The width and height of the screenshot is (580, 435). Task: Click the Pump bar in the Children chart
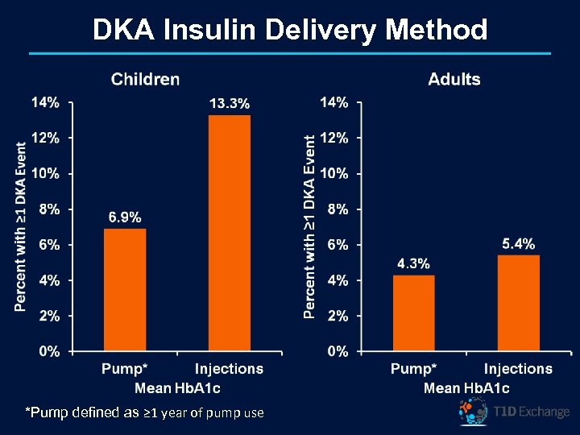(125, 290)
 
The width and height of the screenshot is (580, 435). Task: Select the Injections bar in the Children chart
(229, 234)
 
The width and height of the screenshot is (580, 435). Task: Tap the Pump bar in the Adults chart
(414, 313)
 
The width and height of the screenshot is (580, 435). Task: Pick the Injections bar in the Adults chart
(518, 303)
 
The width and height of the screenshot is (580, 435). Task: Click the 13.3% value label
(230, 103)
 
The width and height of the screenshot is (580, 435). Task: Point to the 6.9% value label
(125, 217)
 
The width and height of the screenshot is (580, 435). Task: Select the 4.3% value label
(413, 263)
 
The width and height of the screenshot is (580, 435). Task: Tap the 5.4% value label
(518, 244)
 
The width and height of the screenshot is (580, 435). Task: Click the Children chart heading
(145, 79)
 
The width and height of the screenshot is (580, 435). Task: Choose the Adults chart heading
(454, 79)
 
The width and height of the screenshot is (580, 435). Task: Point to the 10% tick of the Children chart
(46, 173)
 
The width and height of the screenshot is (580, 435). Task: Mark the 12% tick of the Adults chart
(334, 138)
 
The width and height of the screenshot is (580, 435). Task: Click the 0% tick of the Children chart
(49, 351)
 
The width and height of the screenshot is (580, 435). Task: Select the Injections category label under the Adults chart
(518, 369)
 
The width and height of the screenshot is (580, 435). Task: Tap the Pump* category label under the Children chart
(125, 369)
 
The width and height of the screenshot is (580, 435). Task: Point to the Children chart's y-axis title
(22, 226)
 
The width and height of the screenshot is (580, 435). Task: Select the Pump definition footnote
(145, 413)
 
